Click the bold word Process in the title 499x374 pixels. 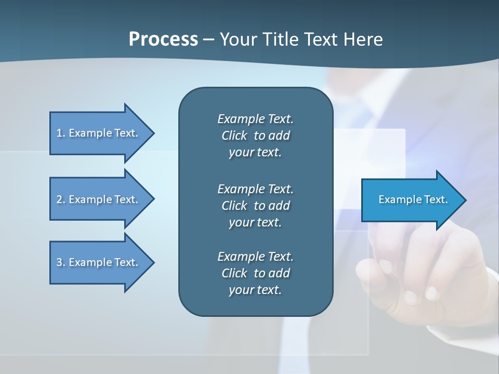click(x=163, y=39)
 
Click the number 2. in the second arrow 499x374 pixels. click(x=60, y=199)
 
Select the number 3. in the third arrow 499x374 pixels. click(x=60, y=262)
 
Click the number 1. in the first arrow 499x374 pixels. click(x=60, y=133)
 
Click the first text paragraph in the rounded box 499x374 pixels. click(x=255, y=136)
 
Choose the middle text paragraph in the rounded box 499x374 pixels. click(x=255, y=205)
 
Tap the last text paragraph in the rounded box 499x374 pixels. click(x=255, y=273)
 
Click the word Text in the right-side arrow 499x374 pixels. click(x=436, y=199)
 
